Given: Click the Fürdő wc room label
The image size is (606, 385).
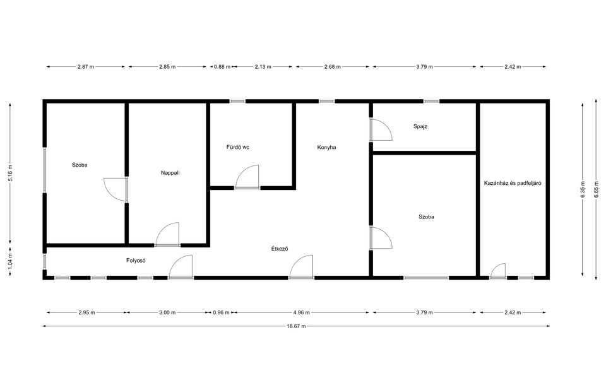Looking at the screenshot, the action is [238, 147].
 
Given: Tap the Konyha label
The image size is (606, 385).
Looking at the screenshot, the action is [326, 147].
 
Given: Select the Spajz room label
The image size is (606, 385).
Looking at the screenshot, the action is [420, 126].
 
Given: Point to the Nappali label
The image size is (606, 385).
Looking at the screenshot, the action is [170, 173].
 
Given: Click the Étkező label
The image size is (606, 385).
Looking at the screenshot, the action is [280, 249].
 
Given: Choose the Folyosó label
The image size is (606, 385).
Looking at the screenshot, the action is [136, 261].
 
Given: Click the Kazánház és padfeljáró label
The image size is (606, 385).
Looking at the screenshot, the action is [513, 183].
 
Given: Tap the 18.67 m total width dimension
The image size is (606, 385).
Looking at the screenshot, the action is [296, 326].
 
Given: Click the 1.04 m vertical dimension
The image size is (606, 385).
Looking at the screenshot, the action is [11, 261].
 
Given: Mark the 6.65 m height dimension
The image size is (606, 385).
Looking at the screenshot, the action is [597, 190].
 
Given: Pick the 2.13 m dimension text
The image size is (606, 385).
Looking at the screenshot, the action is [263, 66].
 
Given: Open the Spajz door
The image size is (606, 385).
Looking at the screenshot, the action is [381, 129].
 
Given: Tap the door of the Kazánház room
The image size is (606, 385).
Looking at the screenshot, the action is [498, 271].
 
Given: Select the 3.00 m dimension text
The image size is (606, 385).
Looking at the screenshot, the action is [167, 312].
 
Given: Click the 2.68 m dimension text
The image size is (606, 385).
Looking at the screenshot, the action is [333, 66].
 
